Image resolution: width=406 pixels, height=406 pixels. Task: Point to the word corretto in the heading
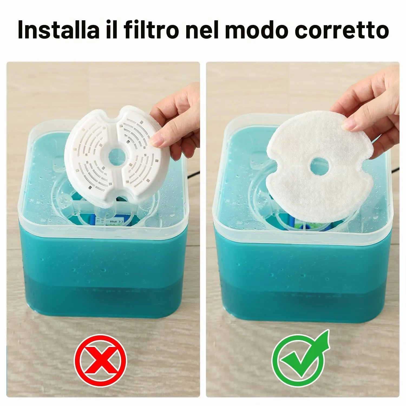click(342, 30)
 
